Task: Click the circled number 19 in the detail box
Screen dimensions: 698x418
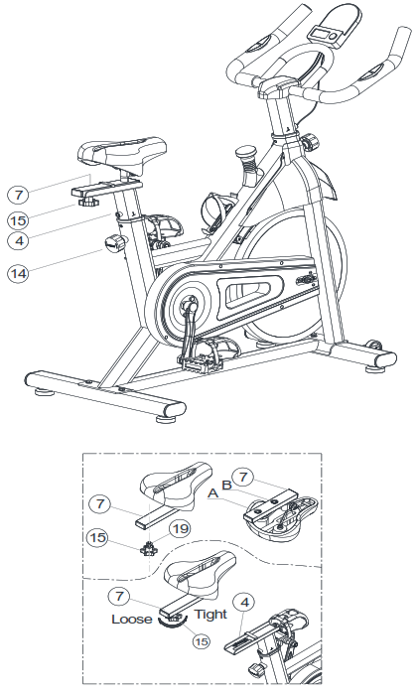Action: click(179, 528)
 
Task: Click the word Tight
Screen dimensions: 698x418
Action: click(210, 615)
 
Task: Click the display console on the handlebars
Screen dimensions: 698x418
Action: click(331, 25)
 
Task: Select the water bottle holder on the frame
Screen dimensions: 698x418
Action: click(214, 208)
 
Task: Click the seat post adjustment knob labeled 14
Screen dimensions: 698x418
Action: click(117, 244)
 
